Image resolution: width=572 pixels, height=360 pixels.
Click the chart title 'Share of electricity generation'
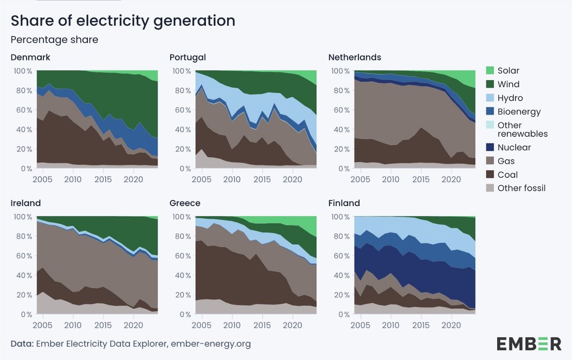[123, 21]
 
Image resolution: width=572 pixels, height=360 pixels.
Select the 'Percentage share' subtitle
[54, 40]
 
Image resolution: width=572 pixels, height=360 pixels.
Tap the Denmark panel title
[31, 57]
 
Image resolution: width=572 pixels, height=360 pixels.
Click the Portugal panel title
[188, 57]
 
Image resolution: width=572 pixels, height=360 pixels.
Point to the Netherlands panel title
[355, 57]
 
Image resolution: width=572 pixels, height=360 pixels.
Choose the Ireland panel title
[26, 203]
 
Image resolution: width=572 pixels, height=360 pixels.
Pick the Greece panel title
[185, 203]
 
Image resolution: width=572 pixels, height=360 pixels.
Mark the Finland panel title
[344, 203]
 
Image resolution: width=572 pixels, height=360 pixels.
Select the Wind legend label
[509, 84]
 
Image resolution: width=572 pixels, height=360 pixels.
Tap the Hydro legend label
[510, 98]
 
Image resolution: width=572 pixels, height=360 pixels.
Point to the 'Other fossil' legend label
[521, 188]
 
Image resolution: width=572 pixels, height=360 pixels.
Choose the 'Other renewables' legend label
[522, 129]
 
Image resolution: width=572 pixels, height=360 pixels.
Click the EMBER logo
[529, 343]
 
